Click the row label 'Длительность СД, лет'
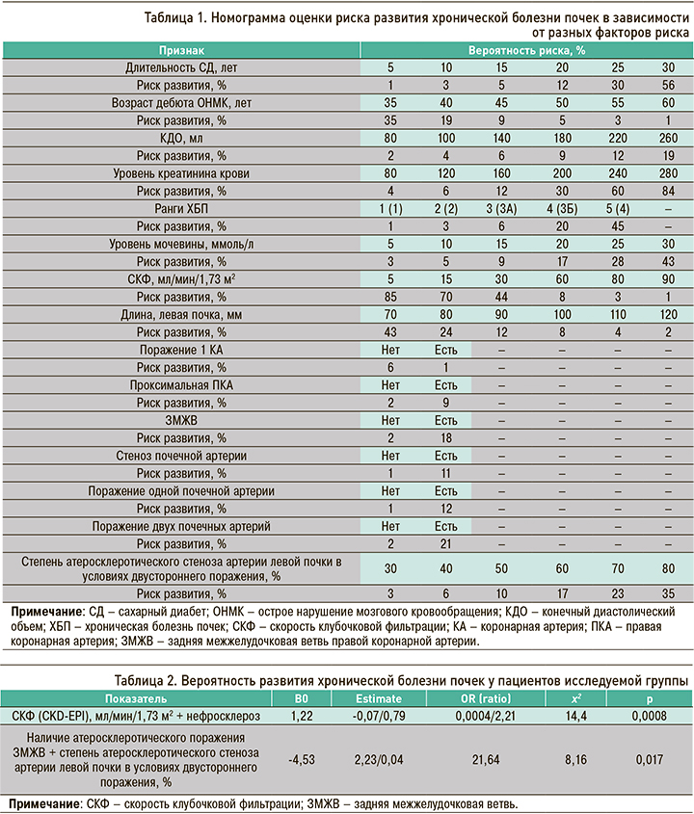[x=181, y=69]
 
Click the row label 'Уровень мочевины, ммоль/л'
[x=181, y=244]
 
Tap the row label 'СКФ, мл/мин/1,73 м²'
[x=181, y=278]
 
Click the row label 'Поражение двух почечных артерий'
[x=181, y=526]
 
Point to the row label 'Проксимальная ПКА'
[x=181, y=383]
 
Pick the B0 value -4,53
[x=297, y=758]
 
